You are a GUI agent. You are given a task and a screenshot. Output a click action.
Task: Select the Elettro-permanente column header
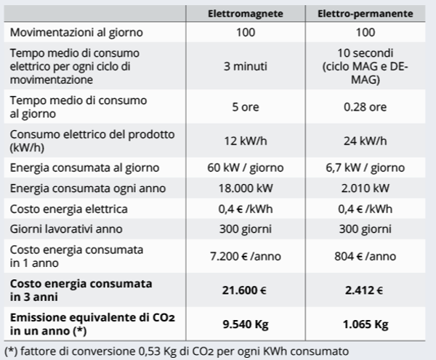click(367, 14)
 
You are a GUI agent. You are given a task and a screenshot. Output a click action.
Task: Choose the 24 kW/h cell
click(367, 140)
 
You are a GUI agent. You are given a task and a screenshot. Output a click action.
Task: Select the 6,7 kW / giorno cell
click(367, 168)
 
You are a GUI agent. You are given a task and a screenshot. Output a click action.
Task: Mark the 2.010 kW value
click(367, 188)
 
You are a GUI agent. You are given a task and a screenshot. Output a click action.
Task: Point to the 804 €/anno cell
click(367, 257)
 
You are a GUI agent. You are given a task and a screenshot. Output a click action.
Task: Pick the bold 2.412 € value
click(367, 289)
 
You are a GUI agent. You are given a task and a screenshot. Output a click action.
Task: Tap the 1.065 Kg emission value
click(367, 322)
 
